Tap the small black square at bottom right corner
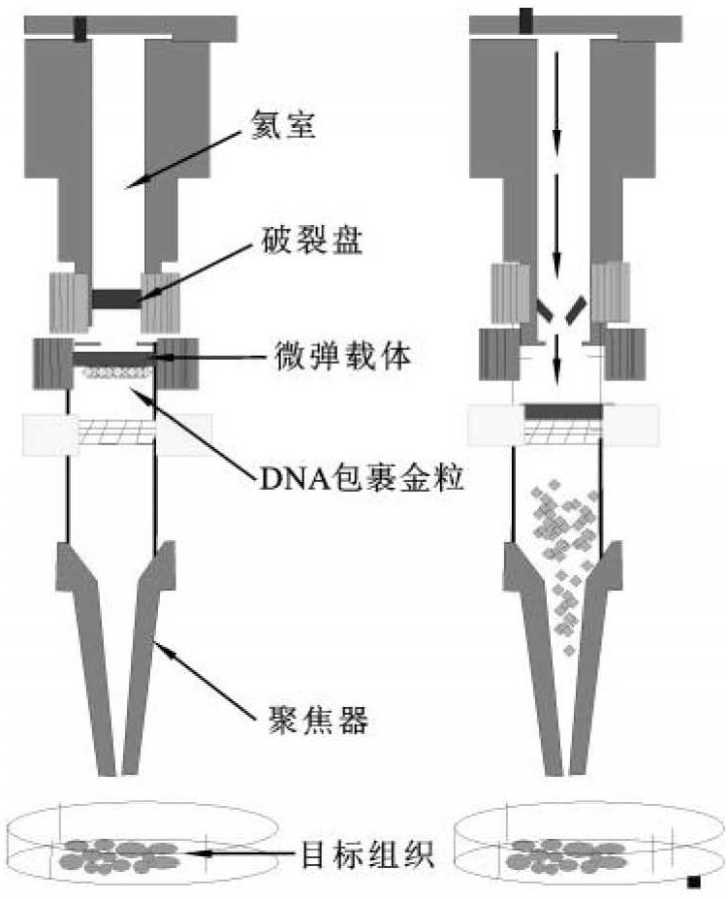pos(693,882)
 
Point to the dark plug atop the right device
pos(525,20)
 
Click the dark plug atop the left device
pos(79,28)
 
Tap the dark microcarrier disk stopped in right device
pos(561,412)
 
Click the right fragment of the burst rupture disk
pos(577,310)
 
